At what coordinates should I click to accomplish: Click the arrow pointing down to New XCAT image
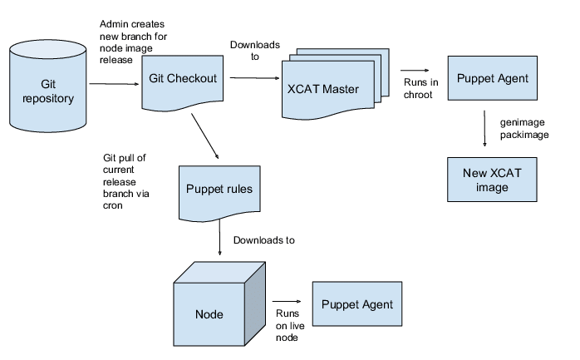click(485, 130)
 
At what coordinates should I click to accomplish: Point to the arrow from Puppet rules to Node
click(218, 241)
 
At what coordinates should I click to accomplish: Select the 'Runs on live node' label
click(286, 326)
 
